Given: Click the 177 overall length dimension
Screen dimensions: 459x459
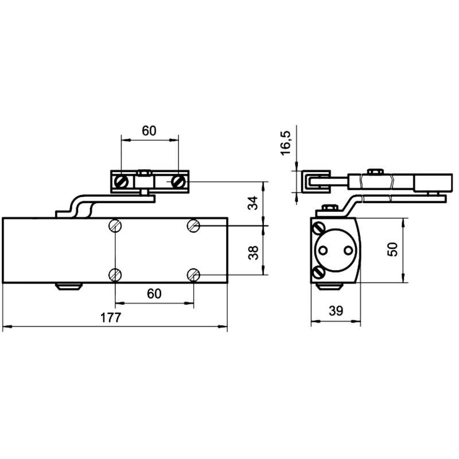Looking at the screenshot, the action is (111, 317).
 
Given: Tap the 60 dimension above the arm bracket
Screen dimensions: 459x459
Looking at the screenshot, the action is (149, 131).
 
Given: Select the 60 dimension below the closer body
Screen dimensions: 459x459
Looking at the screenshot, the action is (154, 294).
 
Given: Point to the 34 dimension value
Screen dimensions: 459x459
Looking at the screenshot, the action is (253, 203).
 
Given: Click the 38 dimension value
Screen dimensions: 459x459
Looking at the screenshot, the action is (253, 252).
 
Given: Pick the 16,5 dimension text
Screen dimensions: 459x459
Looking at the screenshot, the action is (285, 143).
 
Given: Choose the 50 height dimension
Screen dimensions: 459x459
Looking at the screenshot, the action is (393, 250).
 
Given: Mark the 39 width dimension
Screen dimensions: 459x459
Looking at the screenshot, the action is (336, 311).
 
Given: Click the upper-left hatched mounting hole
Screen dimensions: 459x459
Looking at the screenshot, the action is (115, 225).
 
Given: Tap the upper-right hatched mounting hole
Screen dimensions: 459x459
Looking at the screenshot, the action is (193, 225).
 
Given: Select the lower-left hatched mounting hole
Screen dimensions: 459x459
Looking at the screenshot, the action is (115, 275).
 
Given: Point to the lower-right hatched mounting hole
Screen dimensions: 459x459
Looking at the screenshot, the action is (193, 275).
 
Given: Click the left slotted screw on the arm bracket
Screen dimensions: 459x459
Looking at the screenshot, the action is (121, 182).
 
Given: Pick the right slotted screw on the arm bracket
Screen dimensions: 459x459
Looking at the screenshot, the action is (178, 182).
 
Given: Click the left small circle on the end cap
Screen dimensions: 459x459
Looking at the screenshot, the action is (323, 250).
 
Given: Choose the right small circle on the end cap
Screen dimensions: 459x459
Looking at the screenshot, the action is (348, 250).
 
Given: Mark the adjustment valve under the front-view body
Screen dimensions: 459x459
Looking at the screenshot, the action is (69, 286).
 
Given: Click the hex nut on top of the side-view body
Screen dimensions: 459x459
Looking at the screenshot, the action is (329, 208).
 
